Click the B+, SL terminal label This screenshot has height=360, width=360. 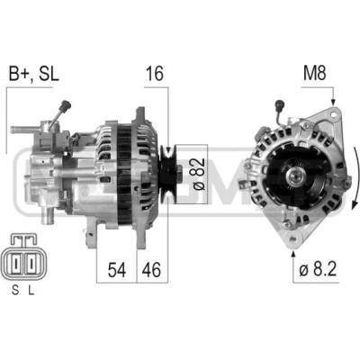point(34,74)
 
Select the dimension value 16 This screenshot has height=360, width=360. point(155,74)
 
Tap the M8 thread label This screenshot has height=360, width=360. point(314,74)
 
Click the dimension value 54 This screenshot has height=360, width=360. point(117,269)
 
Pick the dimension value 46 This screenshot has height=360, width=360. point(151,269)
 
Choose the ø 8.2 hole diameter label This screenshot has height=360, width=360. point(318,269)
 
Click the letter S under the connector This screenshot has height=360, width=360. point(15,290)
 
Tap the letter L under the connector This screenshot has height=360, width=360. point(31,290)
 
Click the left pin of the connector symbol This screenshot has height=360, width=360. point(15,263)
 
